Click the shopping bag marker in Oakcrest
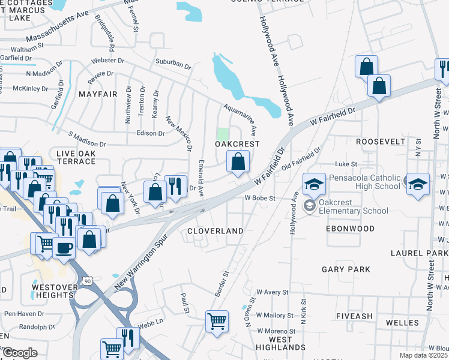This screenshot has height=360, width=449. pos(238,162)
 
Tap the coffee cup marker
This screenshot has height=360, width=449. pos(64,247)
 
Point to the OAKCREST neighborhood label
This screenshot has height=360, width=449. pos(238,144)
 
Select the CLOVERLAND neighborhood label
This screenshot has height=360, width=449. pos(215,230)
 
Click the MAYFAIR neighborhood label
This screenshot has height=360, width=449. pos(97,94)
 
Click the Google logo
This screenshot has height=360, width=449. pos(20,353)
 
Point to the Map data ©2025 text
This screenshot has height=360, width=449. pos(423,355)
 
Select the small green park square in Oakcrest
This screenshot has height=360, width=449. pos(223,134)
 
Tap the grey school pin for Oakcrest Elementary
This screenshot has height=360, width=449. pos(309,206)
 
